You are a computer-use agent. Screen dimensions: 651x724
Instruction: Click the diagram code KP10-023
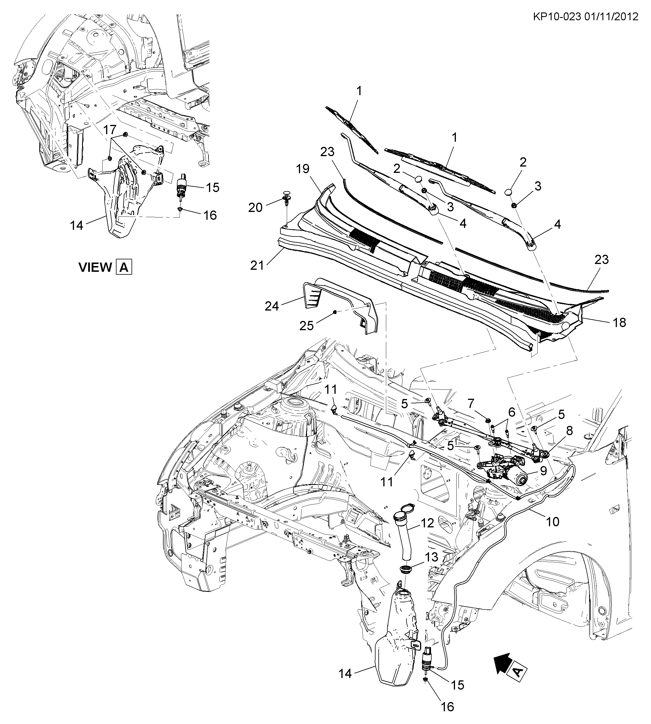coord(556,17)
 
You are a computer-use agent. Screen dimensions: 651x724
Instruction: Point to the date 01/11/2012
coord(612,17)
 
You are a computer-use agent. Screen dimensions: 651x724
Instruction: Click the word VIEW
coord(95,267)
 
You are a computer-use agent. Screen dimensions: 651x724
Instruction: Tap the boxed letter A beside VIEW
coord(124,267)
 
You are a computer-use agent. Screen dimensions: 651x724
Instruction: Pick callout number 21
coord(256,265)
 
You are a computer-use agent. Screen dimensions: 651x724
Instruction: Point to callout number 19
coord(303,169)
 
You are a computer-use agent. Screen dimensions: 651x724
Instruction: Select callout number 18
coord(619,323)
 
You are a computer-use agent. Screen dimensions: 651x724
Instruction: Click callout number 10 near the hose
coord(553,522)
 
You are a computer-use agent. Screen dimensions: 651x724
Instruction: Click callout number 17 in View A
coord(110,130)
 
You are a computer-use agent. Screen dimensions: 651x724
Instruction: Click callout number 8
coord(569,431)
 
